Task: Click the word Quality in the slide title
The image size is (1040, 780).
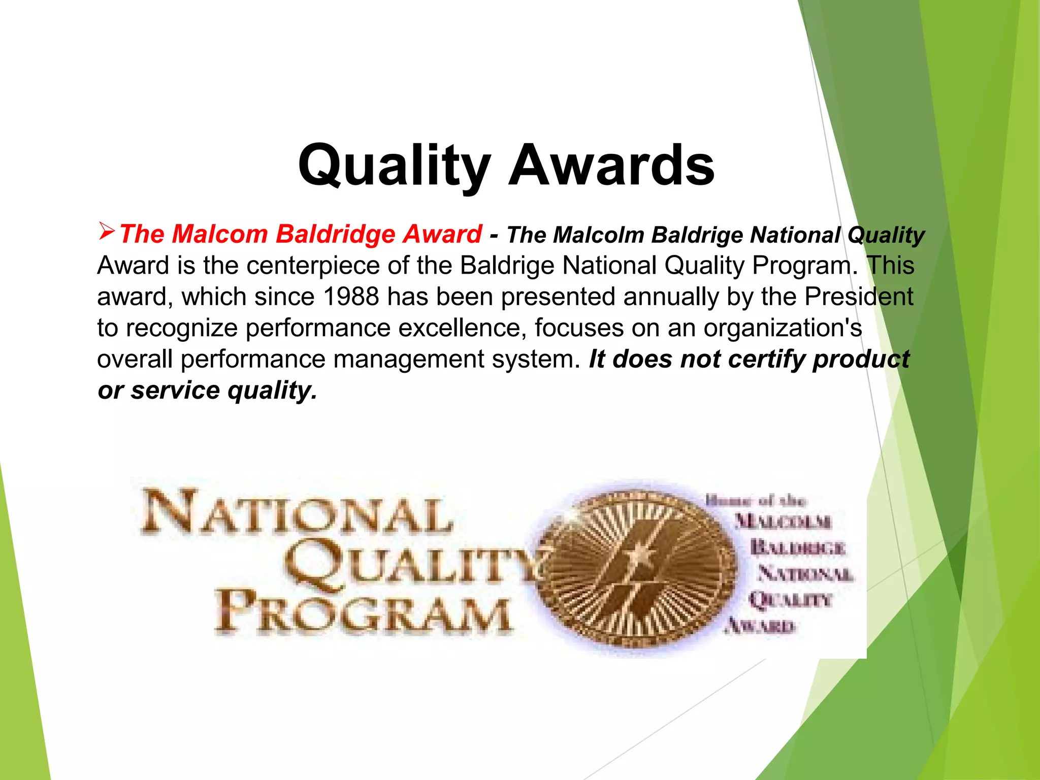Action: (394, 166)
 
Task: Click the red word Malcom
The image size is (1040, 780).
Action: (220, 234)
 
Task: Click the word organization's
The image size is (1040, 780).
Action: (783, 328)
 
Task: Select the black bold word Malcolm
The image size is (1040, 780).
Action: (599, 235)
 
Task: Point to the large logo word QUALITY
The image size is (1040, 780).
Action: (414, 564)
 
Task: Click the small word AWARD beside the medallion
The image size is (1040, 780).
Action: (760, 626)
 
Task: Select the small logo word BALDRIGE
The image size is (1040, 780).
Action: (797, 548)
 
